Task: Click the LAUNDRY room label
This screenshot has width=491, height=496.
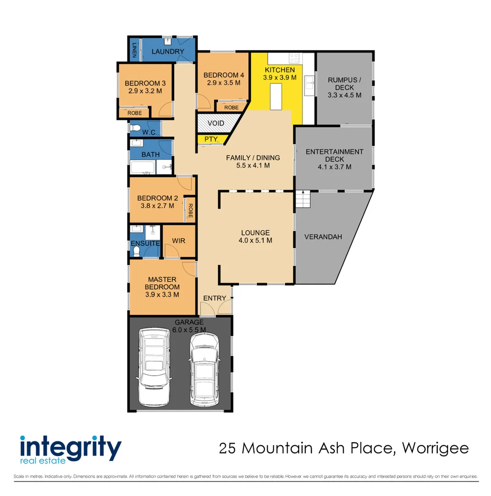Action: click(168, 51)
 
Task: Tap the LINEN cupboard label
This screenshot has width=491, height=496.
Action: click(134, 49)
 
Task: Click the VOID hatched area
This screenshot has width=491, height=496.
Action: click(215, 123)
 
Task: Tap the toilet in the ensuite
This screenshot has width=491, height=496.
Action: click(136, 251)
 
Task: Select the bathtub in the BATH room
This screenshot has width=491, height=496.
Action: click(142, 167)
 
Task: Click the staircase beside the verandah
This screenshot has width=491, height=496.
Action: click(303, 199)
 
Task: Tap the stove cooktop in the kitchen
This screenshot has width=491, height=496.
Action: click(293, 58)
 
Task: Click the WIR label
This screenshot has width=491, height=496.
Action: click(179, 241)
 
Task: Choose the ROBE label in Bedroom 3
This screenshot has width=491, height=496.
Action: click(135, 113)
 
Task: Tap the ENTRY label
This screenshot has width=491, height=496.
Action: click(214, 298)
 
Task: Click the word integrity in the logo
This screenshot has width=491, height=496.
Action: click(71, 446)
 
